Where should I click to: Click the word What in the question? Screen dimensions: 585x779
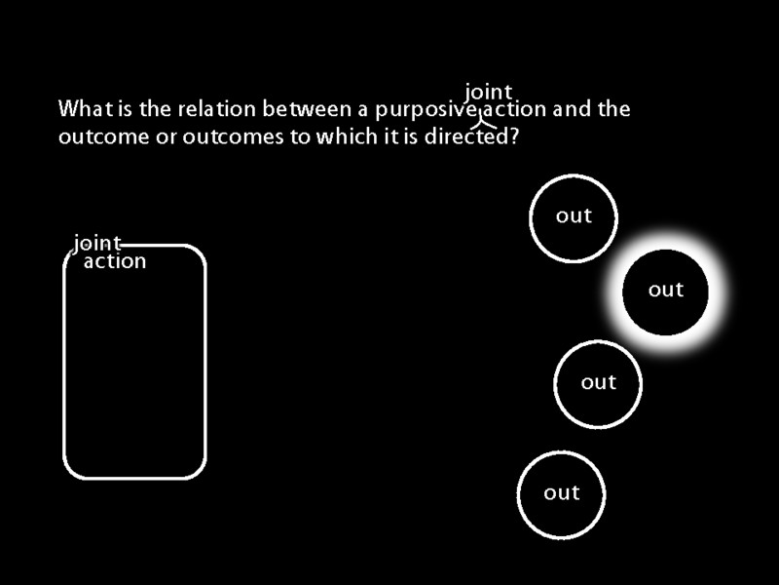(x=81, y=109)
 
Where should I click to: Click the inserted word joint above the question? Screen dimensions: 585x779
(x=488, y=93)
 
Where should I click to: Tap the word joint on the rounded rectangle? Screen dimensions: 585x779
(x=97, y=243)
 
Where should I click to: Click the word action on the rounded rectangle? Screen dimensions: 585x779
(x=115, y=261)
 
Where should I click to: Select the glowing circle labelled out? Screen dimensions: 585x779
(x=666, y=291)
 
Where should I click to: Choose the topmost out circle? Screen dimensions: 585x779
(x=574, y=217)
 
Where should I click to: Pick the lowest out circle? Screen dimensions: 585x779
(x=561, y=494)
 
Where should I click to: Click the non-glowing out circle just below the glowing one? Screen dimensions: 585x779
(x=599, y=383)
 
